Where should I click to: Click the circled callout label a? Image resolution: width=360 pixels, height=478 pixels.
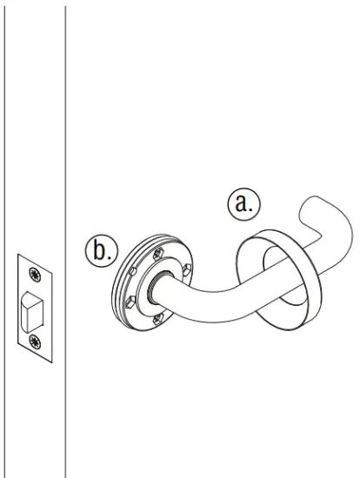tap(243, 203)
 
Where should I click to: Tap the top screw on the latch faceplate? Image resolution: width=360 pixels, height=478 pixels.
tap(35, 275)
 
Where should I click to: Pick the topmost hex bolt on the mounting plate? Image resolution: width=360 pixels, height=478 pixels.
tap(158, 254)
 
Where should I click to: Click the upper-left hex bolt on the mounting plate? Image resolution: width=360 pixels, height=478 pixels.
tap(133, 270)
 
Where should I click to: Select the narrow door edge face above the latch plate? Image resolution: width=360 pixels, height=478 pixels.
tap(35, 130)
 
